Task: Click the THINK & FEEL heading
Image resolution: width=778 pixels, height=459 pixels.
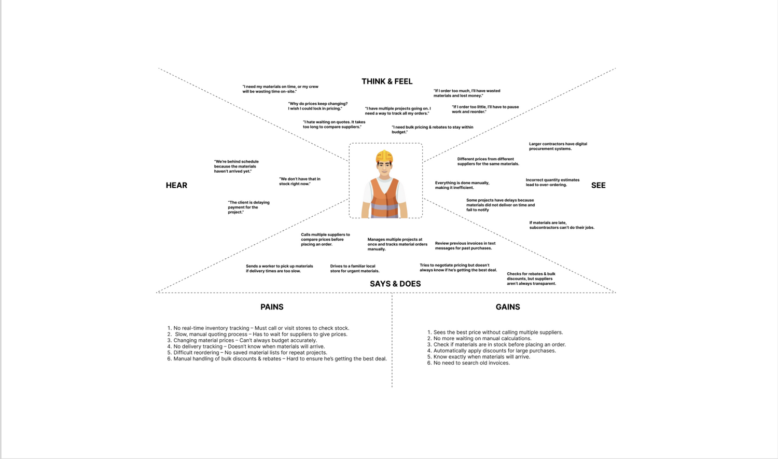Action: click(387, 81)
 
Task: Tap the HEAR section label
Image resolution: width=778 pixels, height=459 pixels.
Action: click(176, 185)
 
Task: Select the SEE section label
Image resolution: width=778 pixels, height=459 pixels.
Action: click(598, 185)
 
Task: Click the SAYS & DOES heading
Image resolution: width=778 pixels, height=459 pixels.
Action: click(395, 284)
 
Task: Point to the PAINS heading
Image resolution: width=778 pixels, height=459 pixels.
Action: click(272, 307)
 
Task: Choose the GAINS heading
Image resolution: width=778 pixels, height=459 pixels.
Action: click(508, 307)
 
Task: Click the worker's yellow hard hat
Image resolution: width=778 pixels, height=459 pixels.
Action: click(384, 156)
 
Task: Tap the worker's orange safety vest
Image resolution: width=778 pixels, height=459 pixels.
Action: click(385, 197)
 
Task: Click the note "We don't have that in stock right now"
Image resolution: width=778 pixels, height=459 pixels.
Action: click(300, 182)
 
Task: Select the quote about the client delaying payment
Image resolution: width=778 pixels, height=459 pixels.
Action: click(248, 207)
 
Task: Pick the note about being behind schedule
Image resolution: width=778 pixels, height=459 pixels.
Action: click(237, 166)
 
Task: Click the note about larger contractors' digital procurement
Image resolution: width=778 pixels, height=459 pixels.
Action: click(558, 146)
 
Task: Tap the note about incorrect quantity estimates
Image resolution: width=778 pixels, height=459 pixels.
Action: click(552, 182)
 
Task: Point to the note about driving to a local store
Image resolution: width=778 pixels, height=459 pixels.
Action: click(355, 269)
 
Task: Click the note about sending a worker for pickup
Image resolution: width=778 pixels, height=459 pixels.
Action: click(279, 269)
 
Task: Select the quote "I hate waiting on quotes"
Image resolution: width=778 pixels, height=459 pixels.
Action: click(334, 124)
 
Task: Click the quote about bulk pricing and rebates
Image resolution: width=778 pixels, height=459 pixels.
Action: click(433, 130)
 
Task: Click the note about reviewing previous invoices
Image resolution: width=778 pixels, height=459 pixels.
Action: click(465, 246)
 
